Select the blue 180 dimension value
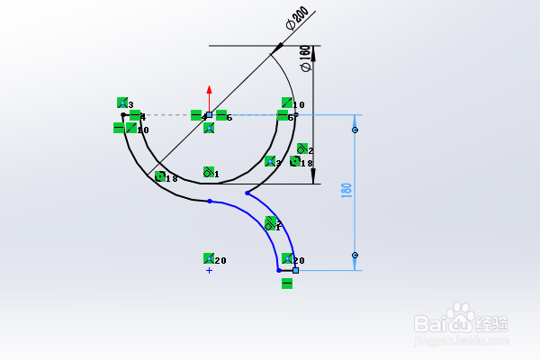tap(346, 192)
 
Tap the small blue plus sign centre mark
tap(209, 270)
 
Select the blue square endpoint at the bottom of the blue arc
tap(295, 269)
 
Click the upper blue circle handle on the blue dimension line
tap(355, 130)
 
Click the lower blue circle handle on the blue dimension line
tap(355, 255)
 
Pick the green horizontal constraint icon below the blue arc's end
tap(287, 283)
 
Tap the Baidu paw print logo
tap(463, 318)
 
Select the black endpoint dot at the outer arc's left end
tap(123, 115)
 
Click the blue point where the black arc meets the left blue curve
tap(209, 201)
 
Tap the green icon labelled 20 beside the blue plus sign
tap(209, 259)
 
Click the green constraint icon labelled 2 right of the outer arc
tap(301, 149)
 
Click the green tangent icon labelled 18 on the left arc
tap(159, 177)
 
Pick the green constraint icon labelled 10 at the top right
tap(287, 103)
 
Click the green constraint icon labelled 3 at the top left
tap(122, 103)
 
